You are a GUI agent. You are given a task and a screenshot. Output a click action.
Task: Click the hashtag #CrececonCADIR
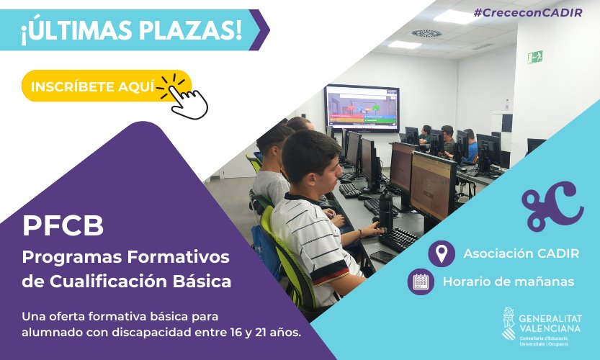click(528, 13)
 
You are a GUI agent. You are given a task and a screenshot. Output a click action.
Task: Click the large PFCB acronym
click(63, 225)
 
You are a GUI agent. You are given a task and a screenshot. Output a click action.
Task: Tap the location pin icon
click(442, 253)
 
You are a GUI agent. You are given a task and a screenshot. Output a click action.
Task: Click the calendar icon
click(421, 282)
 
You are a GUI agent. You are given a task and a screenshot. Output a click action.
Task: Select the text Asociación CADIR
click(521, 253)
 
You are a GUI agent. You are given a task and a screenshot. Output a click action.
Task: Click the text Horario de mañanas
click(509, 282)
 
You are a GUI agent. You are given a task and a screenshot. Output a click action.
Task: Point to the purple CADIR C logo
click(553, 207)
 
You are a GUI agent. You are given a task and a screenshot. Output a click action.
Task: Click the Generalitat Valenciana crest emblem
click(509, 323)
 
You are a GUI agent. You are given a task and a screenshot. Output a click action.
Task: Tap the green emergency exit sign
click(535, 58)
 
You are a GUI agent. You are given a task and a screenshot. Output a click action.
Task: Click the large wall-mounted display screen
click(362, 108)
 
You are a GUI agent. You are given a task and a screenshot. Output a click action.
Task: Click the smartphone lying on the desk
click(383, 257)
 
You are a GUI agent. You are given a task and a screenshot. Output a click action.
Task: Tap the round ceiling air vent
click(426, 34)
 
